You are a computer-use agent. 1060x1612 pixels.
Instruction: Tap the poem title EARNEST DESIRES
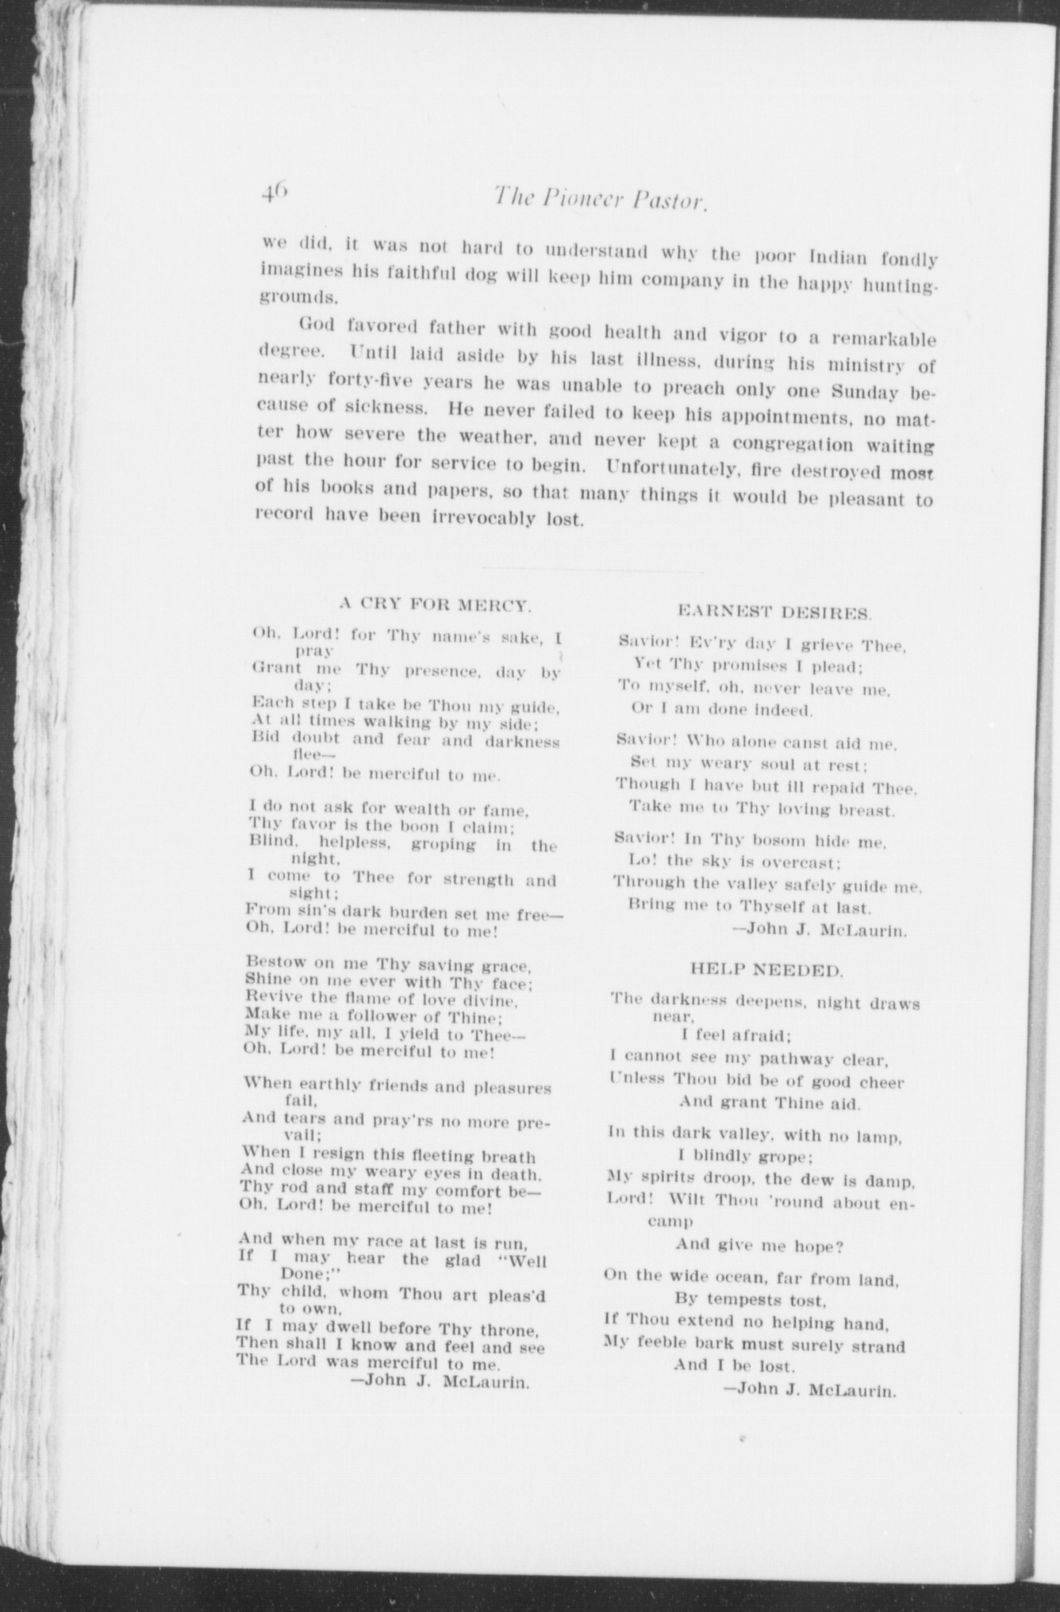(x=775, y=612)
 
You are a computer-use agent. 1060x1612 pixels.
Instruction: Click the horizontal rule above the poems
(x=592, y=570)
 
